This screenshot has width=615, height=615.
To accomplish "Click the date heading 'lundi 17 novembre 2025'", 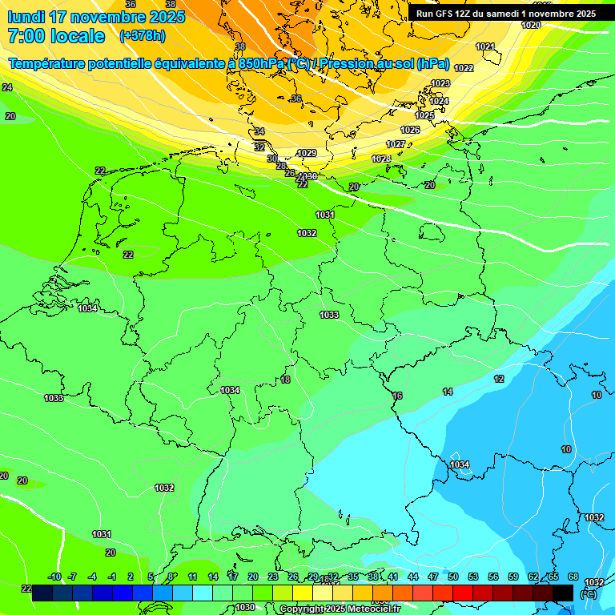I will tap(96, 17).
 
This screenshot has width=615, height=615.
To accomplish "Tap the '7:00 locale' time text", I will tap(55, 36).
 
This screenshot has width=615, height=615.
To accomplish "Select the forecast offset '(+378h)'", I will tap(142, 36).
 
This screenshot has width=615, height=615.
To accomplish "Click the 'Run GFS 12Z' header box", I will tap(506, 14).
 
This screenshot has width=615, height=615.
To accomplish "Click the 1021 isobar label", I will tap(485, 46).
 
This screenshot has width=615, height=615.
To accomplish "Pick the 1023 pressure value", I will tap(440, 83).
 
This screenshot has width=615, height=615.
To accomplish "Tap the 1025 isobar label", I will tap(424, 115).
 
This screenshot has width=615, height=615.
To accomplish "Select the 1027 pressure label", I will tap(396, 144).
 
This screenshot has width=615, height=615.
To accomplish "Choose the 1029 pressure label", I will tap(307, 153).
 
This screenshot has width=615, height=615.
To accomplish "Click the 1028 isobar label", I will tap(381, 159).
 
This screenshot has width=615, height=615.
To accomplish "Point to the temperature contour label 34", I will tap(259, 131).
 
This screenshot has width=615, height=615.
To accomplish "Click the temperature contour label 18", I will tap(285, 380).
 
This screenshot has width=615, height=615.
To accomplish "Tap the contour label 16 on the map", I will tap(397, 396).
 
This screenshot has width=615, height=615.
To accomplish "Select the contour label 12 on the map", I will tap(499, 379).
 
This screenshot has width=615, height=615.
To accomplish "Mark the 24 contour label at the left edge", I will tap(7, 86).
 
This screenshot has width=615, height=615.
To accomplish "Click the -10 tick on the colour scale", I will tap(54, 577).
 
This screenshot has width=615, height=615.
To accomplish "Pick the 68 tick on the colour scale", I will tap(573, 577).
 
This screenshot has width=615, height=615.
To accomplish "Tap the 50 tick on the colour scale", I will tap(453, 577).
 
